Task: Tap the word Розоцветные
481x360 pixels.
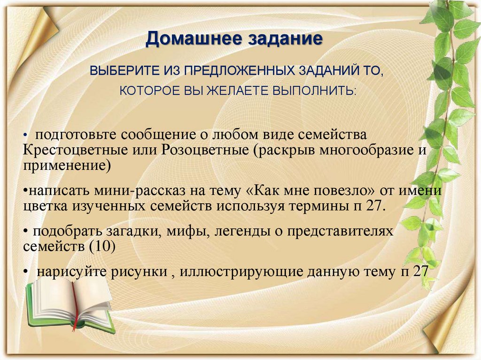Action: tap(204, 151)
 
